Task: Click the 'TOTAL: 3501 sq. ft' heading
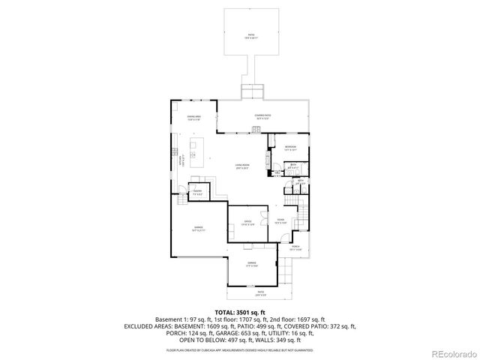240,312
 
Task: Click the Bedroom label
290,147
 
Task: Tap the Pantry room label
198,192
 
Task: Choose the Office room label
247,222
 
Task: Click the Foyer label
279,220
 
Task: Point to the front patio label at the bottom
260,292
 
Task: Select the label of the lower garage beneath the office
252,264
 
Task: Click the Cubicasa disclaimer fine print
240,349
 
